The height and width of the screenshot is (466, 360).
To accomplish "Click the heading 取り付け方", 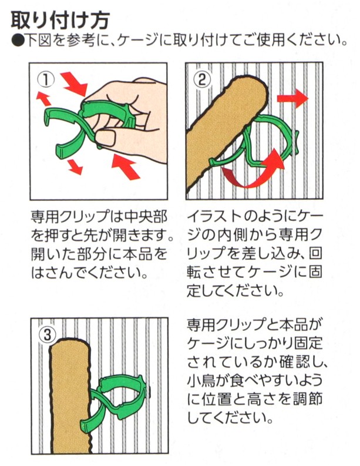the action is (60, 20).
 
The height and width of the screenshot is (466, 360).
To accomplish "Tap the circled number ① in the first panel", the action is (46, 80).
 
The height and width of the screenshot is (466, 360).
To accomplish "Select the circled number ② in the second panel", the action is (201, 79).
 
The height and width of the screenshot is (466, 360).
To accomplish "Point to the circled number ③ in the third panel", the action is (47, 335).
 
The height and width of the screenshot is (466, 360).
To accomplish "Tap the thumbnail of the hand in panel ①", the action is (106, 139).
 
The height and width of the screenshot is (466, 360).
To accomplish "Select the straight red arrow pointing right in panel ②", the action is (292, 98).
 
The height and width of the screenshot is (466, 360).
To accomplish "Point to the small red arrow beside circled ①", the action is (43, 99).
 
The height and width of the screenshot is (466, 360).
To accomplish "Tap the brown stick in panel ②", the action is (226, 131).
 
